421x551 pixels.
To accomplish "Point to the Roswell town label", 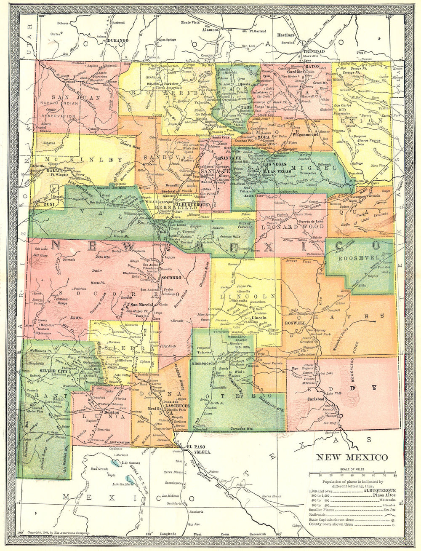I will pyautogui.click(x=295, y=323).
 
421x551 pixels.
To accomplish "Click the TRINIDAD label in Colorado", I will pyautogui.click(x=314, y=51).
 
